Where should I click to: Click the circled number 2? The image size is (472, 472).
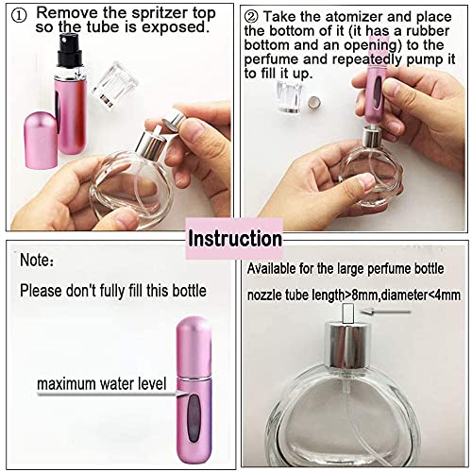(252, 16)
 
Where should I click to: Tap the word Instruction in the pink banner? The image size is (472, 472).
(234, 237)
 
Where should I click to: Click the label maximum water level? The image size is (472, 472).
(98, 384)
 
